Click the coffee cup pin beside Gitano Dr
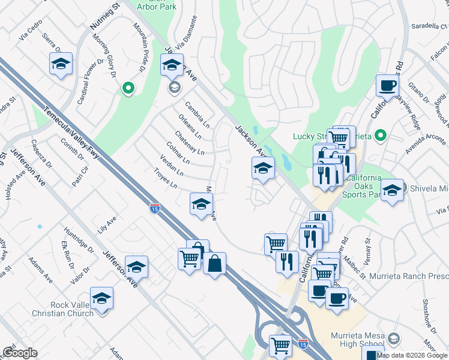pyautogui.click(x=387, y=85)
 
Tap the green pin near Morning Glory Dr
pyautogui.click(x=127, y=89)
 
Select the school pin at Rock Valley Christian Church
pyautogui.click(x=102, y=298)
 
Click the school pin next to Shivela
pyautogui.click(x=392, y=191)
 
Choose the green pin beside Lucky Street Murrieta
pyautogui.click(x=379, y=136)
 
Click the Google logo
pyautogui.click(x=20, y=353)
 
